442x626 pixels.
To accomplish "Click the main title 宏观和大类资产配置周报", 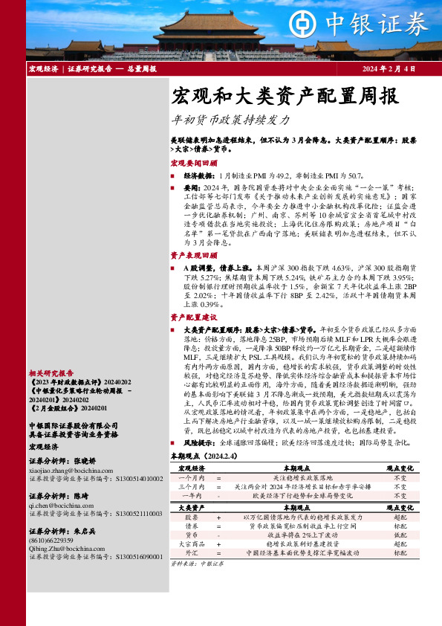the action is click(x=275, y=96).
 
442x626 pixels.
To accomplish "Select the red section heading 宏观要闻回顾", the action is click(x=194, y=162).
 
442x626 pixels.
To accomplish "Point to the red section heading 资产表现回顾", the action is click(x=194, y=254).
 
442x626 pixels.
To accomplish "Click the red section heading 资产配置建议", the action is click(x=194, y=317).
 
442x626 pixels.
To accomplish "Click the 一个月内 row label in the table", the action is click(x=190, y=479).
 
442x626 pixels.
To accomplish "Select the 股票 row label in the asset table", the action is click(x=191, y=516).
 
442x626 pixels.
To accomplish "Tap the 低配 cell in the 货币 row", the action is click(x=400, y=535).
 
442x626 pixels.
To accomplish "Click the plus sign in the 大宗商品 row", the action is click(x=218, y=543).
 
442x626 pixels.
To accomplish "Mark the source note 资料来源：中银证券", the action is click(x=191, y=564).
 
